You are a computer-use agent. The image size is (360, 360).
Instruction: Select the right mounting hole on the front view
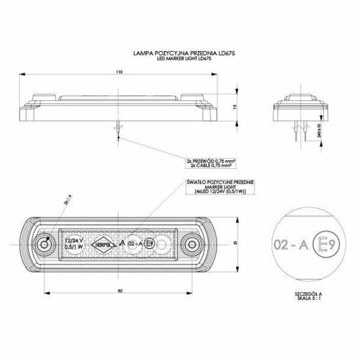192,244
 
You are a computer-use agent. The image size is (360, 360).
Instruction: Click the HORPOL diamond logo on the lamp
104,243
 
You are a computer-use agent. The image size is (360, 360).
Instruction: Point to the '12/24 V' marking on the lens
74,240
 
